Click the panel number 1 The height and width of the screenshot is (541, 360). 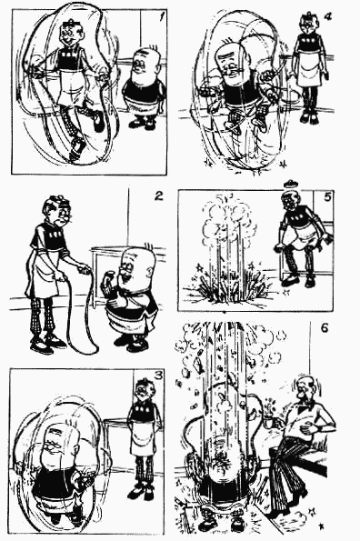coord(162,17)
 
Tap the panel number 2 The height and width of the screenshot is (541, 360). coord(158,196)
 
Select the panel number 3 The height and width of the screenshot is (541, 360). coord(158,376)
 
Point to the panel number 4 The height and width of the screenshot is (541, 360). coord(327,16)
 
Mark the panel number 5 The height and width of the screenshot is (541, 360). coord(327,197)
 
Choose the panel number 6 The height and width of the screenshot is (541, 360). coord(325,327)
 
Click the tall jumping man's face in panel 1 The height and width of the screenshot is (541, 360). coord(72,35)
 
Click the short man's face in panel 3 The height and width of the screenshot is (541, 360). coord(55,447)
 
